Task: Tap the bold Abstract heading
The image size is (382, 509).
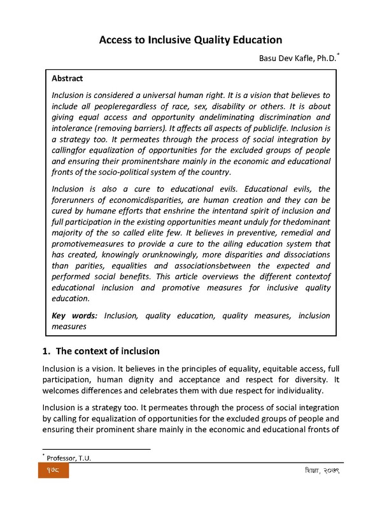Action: tap(67, 79)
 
